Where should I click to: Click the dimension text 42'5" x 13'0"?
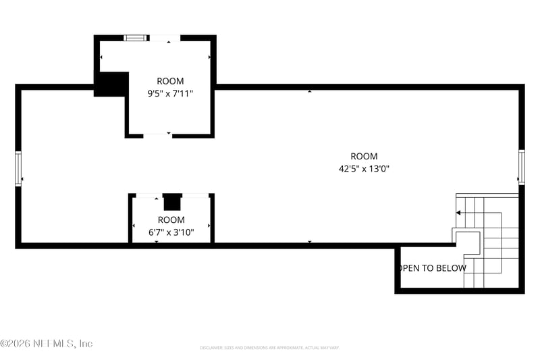[x=364, y=169]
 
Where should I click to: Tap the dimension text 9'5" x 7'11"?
[x=170, y=94]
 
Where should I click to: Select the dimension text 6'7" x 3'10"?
[x=171, y=232]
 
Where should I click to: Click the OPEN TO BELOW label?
[x=432, y=268]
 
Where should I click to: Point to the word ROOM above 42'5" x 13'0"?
[x=364, y=156]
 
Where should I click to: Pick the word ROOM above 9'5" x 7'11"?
[x=170, y=81]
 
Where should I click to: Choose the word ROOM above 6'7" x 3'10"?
[x=171, y=220]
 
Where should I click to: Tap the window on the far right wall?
[x=521, y=166]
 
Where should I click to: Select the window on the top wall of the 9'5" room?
[x=135, y=38]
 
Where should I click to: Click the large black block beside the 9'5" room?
[x=111, y=84]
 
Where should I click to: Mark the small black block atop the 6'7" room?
[x=172, y=202]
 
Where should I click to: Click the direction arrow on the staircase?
[x=459, y=213]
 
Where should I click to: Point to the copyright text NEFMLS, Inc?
[x=47, y=343]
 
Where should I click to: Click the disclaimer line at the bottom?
[x=269, y=348]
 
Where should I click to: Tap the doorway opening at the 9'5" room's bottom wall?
[x=158, y=135]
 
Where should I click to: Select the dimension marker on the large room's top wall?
[x=310, y=91]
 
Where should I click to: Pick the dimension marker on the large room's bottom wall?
[x=310, y=241]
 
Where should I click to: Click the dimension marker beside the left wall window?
[x=23, y=179]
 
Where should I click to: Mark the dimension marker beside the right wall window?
[x=517, y=180]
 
